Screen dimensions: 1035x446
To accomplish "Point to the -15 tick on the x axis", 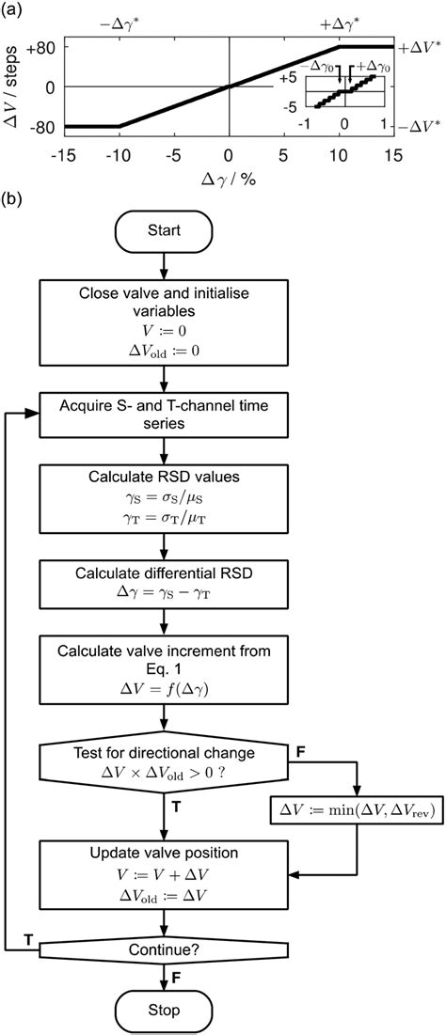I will tap(64, 152).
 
